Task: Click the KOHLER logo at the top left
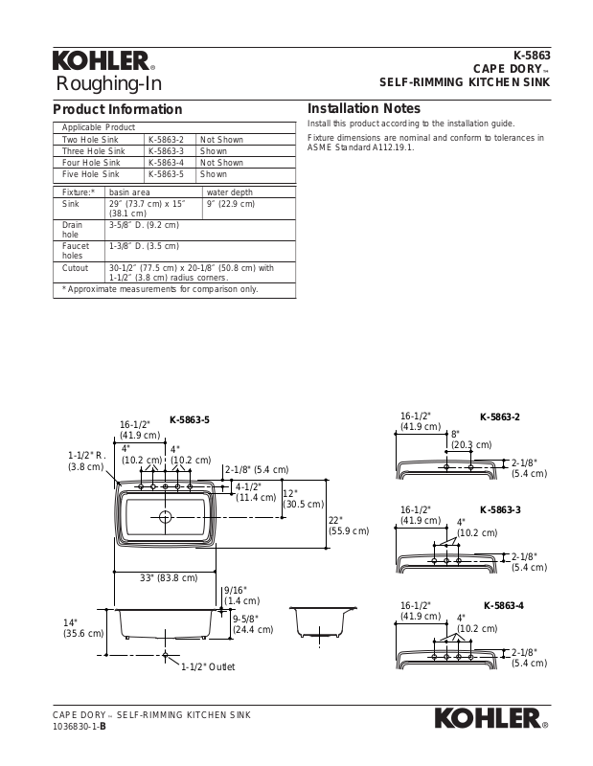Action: click(x=102, y=62)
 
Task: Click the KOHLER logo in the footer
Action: click(x=492, y=718)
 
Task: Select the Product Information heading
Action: click(x=117, y=109)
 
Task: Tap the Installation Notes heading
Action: click(x=363, y=109)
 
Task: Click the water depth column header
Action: click(x=228, y=192)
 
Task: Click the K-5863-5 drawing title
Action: click(x=190, y=419)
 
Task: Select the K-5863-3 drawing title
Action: click(x=500, y=509)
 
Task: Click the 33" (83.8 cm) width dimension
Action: click(x=169, y=577)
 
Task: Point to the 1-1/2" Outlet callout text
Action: click(x=208, y=666)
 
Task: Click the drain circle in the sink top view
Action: click(x=166, y=517)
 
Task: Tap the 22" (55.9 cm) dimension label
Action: click(x=349, y=524)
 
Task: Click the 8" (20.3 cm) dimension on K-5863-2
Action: click(x=470, y=439)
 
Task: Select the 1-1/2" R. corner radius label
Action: click(x=85, y=462)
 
